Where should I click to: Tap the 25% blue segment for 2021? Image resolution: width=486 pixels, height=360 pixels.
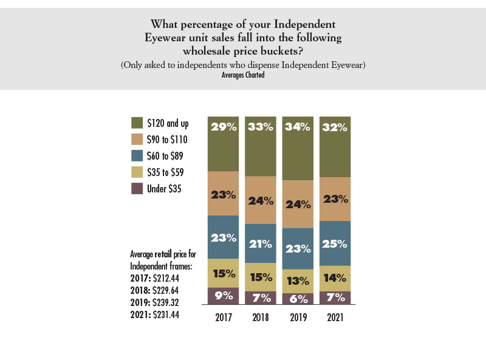click(x=335, y=243)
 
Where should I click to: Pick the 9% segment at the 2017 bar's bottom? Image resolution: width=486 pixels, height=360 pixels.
click(x=223, y=296)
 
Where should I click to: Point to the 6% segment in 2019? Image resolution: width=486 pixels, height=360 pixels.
click(x=298, y=298)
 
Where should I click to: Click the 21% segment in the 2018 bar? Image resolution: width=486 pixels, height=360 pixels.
click(x=261, y=243)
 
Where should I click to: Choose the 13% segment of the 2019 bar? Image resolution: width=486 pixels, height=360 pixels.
click(x=298, y=281)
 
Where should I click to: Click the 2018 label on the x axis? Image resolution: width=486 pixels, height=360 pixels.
click(x=261, y=317)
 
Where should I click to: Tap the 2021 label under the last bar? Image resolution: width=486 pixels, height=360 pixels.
click(x=335, y=317)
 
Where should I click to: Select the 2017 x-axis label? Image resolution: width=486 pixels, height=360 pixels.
click(x=223, y=317)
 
